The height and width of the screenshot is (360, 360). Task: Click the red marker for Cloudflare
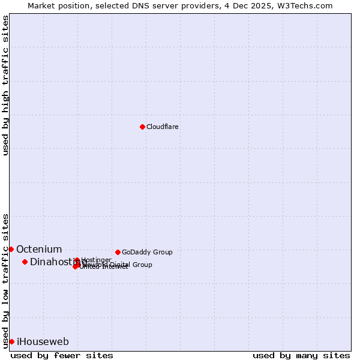tap(142, 127)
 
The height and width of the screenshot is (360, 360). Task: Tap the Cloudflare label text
tap(162, 127)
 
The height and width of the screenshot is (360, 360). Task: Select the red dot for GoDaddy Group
tap(118, 252)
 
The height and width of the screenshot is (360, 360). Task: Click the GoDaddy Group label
tap(147, 253)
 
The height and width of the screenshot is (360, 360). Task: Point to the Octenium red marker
tap(11, 249)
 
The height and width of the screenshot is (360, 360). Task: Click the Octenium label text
tap(39, 250)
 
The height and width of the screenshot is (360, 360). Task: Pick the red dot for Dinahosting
tap(25, 262)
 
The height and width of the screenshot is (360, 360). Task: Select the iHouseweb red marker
tap(11, 341)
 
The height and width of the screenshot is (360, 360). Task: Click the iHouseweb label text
tap(43, 342)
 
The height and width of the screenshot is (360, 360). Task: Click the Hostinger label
tap(96, 260)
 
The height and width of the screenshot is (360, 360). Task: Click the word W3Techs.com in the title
tap(307, 5)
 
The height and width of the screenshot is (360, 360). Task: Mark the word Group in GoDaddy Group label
tap(162, 253)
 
